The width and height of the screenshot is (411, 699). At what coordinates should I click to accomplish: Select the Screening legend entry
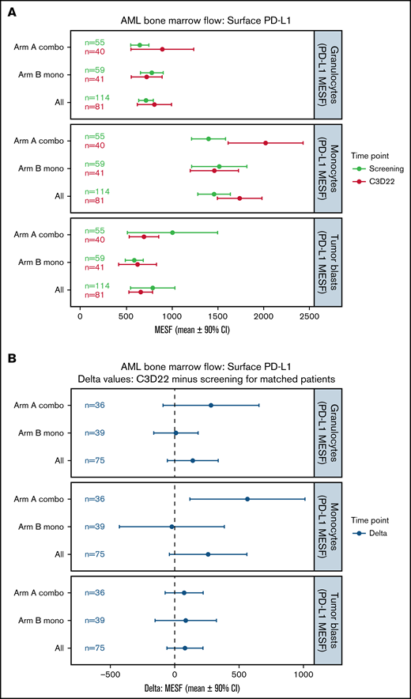click(x=364, y=168)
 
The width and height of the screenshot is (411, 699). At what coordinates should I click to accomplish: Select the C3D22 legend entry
click(x=364, y=180)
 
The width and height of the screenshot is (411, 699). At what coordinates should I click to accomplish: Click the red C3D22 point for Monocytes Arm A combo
click(x=266, y=143)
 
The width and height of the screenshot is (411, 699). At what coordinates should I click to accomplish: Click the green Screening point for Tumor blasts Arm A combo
click(x=172, y=232)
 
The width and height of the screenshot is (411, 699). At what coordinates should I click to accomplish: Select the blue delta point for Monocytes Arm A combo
click(x=247, y=499)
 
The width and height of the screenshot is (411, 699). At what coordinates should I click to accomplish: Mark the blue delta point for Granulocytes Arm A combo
click(x=211, y=406)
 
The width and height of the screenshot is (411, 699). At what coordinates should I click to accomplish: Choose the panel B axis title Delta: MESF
click(x=193, y=680)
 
